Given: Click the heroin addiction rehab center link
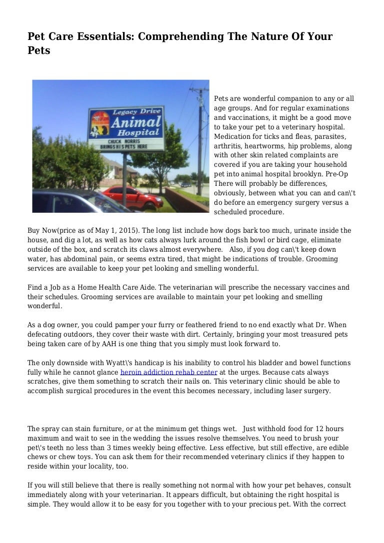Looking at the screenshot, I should click(x=169, y=372).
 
